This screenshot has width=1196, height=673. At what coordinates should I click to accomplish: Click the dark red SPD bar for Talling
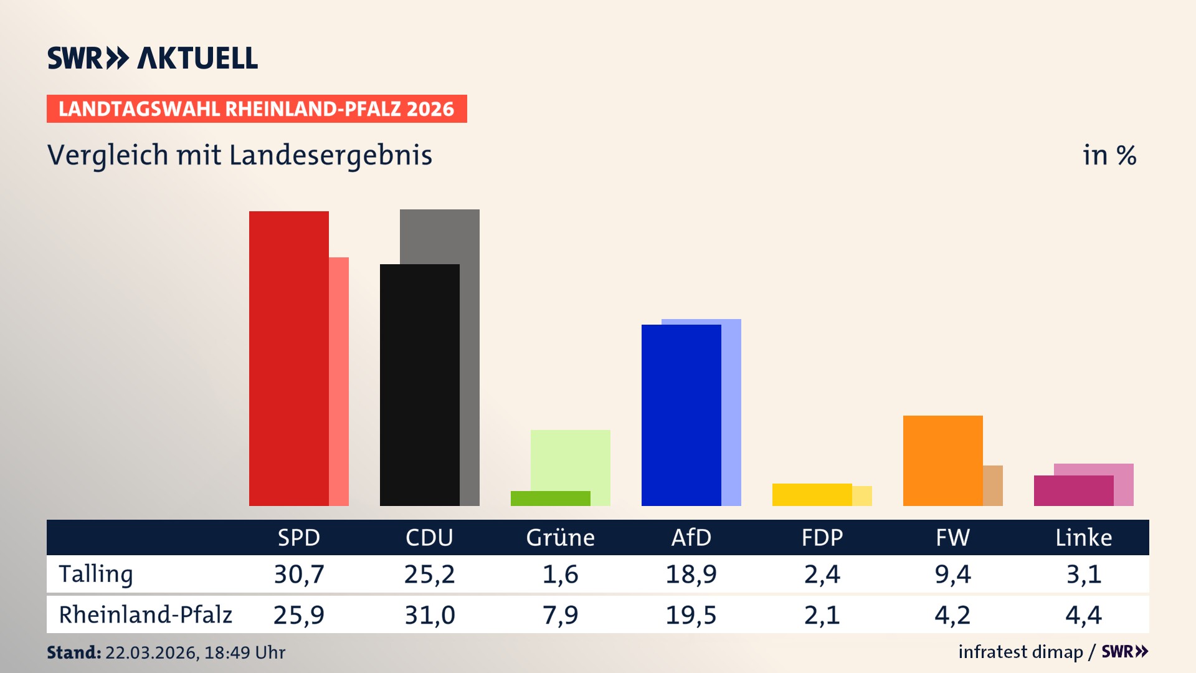click(x=288, y=358)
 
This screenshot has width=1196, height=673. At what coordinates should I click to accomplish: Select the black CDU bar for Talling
click(x=419, y=384)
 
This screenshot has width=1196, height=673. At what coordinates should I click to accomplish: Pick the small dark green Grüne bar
click(x=550, y=499)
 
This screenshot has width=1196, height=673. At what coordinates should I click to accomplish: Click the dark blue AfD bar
click(x=681, y=414)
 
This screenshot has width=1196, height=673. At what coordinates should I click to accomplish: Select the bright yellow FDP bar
click(x=812, y=495)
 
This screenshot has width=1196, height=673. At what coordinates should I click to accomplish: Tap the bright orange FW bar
click(x=942, y=461)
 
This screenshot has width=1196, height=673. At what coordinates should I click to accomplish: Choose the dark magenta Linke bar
click(x=1073, y=490)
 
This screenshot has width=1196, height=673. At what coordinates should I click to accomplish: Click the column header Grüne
click(x=560, y=538)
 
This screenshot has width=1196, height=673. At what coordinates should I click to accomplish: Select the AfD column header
click(x=691, y=538)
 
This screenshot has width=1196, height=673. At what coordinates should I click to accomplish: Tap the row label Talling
click(x=96, y=574)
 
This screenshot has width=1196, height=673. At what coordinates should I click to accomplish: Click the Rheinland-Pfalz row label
click(x=145, y=615)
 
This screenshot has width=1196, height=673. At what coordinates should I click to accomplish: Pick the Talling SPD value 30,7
click(x=299, y=574)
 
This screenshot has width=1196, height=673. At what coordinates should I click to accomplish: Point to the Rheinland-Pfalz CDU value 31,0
click(x=430, y=615)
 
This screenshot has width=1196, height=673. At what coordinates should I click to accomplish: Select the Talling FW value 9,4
click(x=952, y=574)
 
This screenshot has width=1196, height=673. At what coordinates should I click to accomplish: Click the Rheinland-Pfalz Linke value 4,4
click(x=1083, y=615)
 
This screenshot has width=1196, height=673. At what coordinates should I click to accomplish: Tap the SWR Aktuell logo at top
click(x=153, y=58)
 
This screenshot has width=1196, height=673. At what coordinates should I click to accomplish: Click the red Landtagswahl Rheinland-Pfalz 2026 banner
click(x=257, y=109)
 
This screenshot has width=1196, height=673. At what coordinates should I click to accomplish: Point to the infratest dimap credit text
click(x=1020, y=652)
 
